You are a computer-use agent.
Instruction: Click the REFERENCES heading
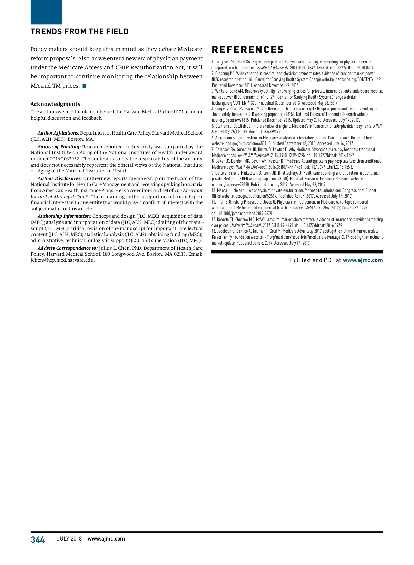[x=247, y=50]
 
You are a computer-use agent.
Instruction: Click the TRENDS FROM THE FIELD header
[x=80, y=32]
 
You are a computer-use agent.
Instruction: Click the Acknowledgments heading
[x=55, y=104]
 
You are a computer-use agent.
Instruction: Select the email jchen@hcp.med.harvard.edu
[x=63, y=260]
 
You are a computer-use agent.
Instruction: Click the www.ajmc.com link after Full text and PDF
[x=363, y=260]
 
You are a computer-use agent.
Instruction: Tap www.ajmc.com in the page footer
[x=106, y=539]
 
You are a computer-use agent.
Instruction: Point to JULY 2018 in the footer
[x=69, y=539]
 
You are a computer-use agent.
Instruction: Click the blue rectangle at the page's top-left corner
[x=46, y=12]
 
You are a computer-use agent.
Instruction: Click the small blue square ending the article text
[x=85, y=86]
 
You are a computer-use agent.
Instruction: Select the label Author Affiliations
[x=58, y=133]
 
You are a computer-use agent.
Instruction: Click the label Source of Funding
[x=59, y=147]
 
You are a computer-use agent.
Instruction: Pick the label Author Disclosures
[x=60, y=179]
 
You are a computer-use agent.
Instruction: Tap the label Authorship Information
[x=65, y=216]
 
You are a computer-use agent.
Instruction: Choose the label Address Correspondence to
[x=68, y=248]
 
